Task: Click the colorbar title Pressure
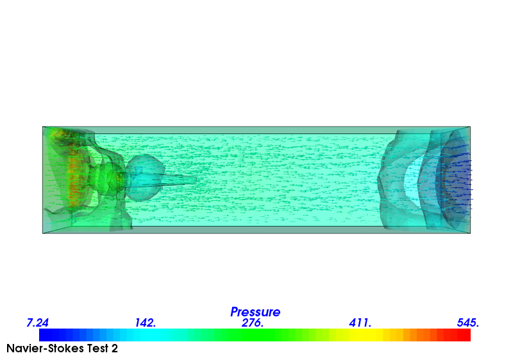pos(255,312)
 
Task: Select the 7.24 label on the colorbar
pos(38,323)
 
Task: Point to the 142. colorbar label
pos(146,323)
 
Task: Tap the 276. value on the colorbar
pos(253,323)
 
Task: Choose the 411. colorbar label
pos(360,323)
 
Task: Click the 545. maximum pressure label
pos(467,323)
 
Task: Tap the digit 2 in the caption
pos(114,349)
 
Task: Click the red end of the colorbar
pos(465,335)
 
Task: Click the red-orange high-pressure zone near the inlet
pos(74,173)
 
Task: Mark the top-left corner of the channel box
pos(43,127)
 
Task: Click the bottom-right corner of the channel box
pos(470,233)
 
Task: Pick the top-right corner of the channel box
pos(470,127)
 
